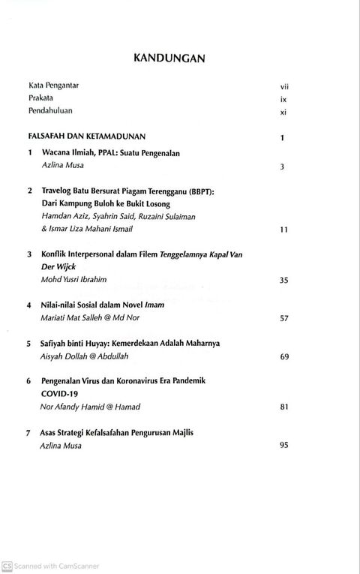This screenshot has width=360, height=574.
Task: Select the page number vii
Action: tap(284, 86)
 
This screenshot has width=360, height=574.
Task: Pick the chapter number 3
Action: tap(29, 254)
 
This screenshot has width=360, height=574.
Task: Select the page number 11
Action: tap(283, 230)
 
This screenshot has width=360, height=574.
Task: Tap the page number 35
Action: tap(283, 281)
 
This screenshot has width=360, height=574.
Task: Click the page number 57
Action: tap(283, 319)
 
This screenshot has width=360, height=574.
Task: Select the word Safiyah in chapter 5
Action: tap(56, 344)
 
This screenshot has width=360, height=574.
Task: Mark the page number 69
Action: tap(283, 357)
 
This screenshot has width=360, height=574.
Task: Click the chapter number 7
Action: tap(28, 433)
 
